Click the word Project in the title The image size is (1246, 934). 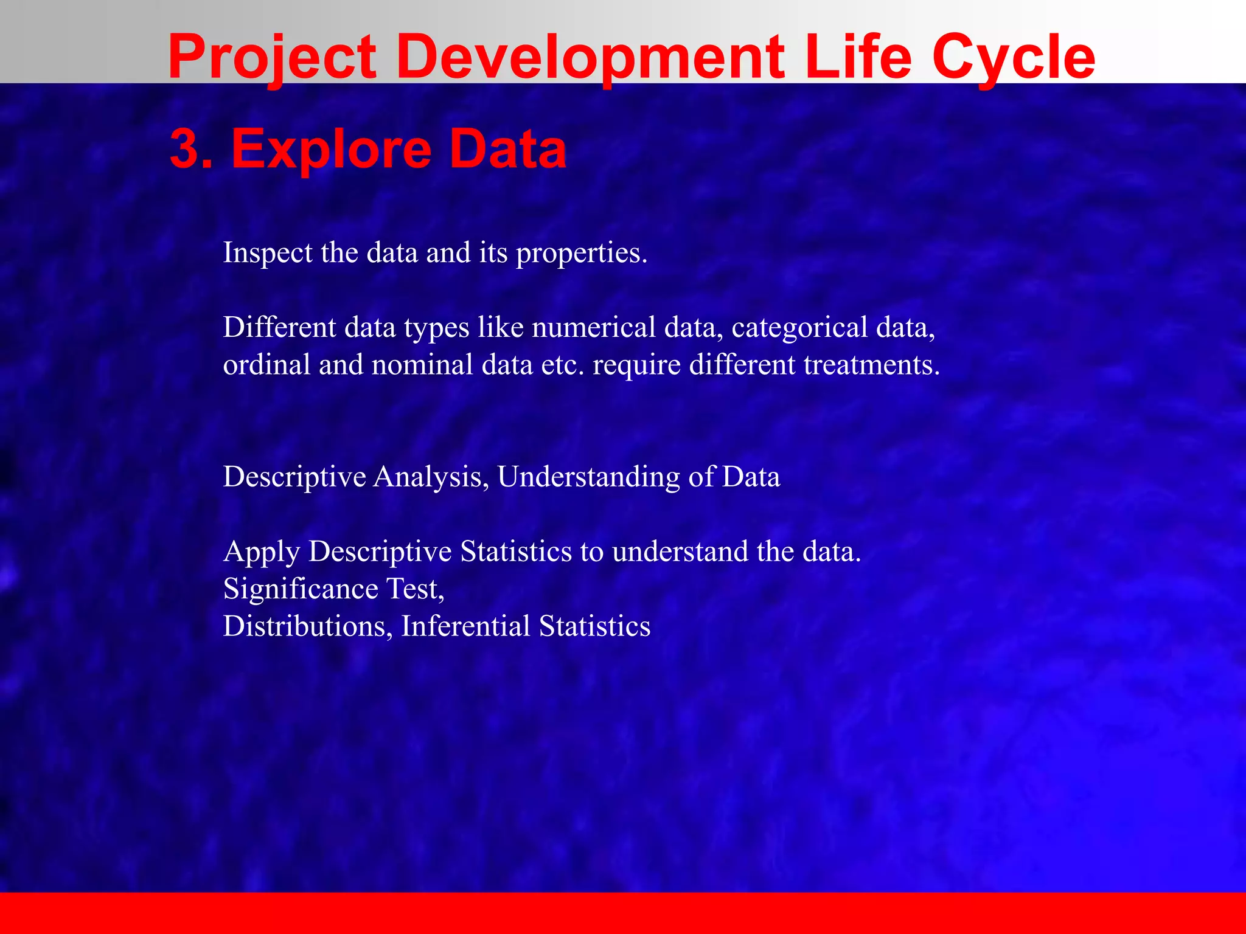pos(272,58)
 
